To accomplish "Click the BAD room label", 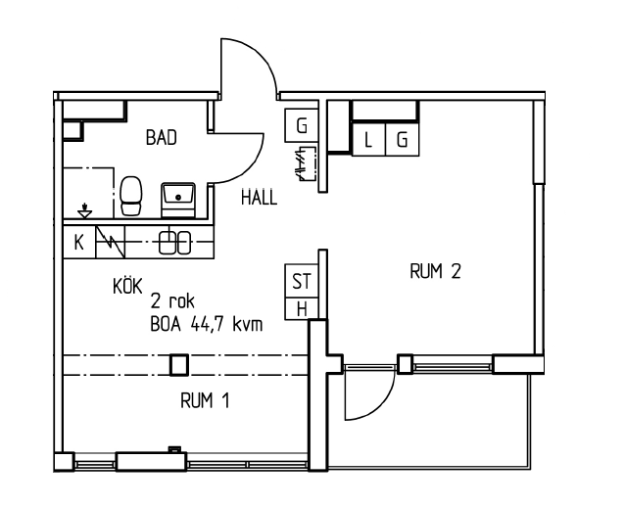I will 161,139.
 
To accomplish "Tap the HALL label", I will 259,197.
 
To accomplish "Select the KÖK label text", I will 128,286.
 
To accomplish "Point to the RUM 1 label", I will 205,400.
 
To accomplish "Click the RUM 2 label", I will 434,271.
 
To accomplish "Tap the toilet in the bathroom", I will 131,197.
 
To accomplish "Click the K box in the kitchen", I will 79,242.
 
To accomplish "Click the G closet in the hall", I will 302,125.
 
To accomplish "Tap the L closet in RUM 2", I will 368,140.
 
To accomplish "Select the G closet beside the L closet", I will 402,140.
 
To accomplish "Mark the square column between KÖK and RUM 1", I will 178,365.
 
